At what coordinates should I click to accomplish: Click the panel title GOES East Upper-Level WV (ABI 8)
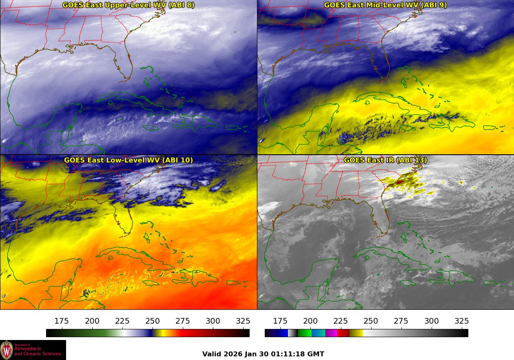[128, 5]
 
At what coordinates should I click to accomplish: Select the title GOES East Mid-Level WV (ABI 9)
[385, 5]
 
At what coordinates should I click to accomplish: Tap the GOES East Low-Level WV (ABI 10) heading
[128, 160]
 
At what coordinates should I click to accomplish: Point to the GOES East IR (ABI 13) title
[385, 160]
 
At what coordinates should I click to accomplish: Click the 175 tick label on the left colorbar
[62, 321]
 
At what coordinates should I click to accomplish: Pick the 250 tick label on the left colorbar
[153, 321]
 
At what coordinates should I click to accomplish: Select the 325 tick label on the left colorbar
[243, 321]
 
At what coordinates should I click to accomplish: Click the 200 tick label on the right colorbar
[310, 321]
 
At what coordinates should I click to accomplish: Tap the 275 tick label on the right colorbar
[401, 321]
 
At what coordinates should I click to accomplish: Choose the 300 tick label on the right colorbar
[431, 321]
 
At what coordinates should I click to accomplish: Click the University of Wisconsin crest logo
[7, 350]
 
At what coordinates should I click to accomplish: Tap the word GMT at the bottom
[316, 354]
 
